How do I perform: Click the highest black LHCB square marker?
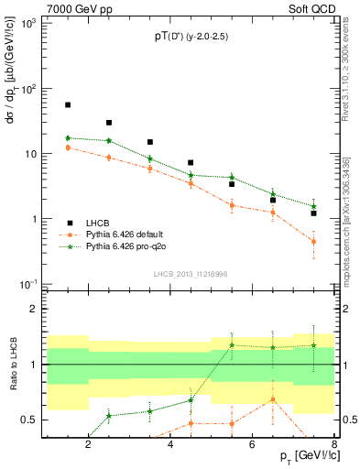tap(68, 105)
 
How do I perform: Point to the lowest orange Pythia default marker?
tap(313, 242)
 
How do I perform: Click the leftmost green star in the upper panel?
tap(68, 138)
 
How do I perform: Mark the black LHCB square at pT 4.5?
tap(191, 163)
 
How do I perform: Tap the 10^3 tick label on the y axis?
tap(27, 24)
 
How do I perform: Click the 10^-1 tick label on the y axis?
tap(27, 285)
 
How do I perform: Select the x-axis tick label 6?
tap(255, 445)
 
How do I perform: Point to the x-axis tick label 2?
tap(88, 445)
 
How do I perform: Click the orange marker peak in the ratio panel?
tap(272, 399)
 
